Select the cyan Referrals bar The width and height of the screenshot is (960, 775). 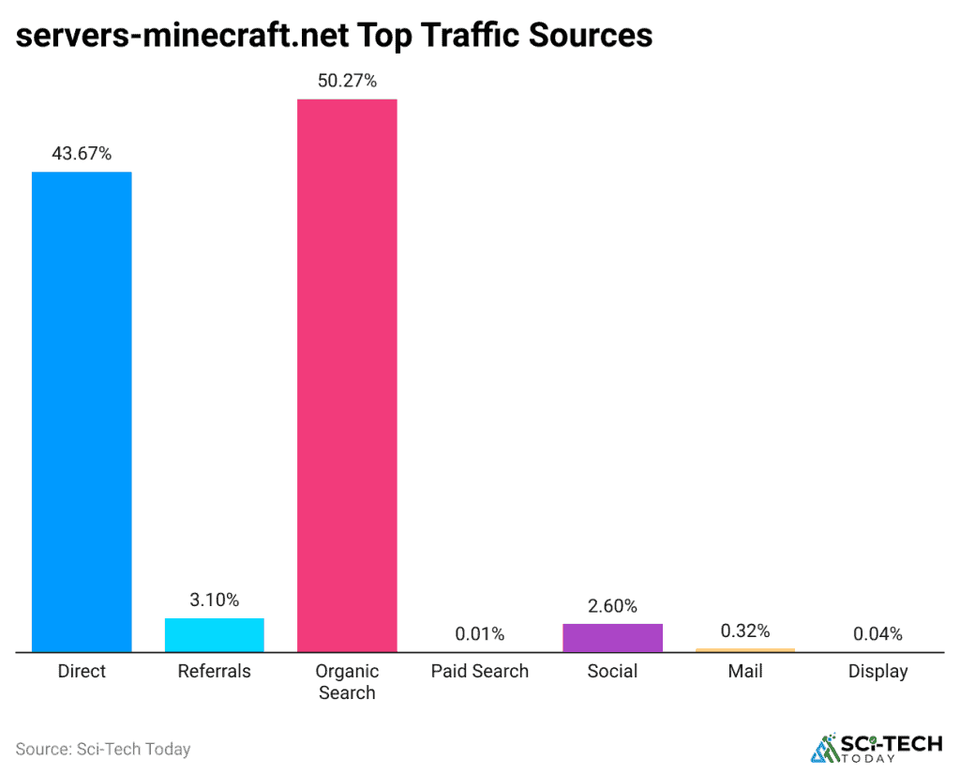click(x=214, y=634)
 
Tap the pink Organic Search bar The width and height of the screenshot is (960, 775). click(x=347, y=375)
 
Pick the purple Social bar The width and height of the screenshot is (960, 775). click(x=612, y=637)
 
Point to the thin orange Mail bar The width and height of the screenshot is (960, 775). click(x=744, y=649)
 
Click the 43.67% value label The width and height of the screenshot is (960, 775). click(x=82, y=154)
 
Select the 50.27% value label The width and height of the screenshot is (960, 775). click(x=347, y=81)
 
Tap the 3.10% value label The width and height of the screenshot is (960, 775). click(x=214, y=600)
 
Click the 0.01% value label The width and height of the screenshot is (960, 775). click(x=479, y=634)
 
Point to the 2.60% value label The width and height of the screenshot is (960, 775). click(x=612, y=606)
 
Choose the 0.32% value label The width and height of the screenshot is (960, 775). click(x=744, y=631)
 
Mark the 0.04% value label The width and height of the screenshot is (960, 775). click(x=877, y=634)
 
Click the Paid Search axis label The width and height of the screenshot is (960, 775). click(x=479, y=671)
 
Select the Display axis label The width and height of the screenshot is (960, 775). click(x=877, y=671)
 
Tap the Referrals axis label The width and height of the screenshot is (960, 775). click(x=214, y=671)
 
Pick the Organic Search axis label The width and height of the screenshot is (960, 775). click(x=347, y=682)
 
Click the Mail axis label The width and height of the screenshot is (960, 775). click(x=744, y=671)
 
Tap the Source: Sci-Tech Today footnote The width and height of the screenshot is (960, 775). click(x=103, y=749)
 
